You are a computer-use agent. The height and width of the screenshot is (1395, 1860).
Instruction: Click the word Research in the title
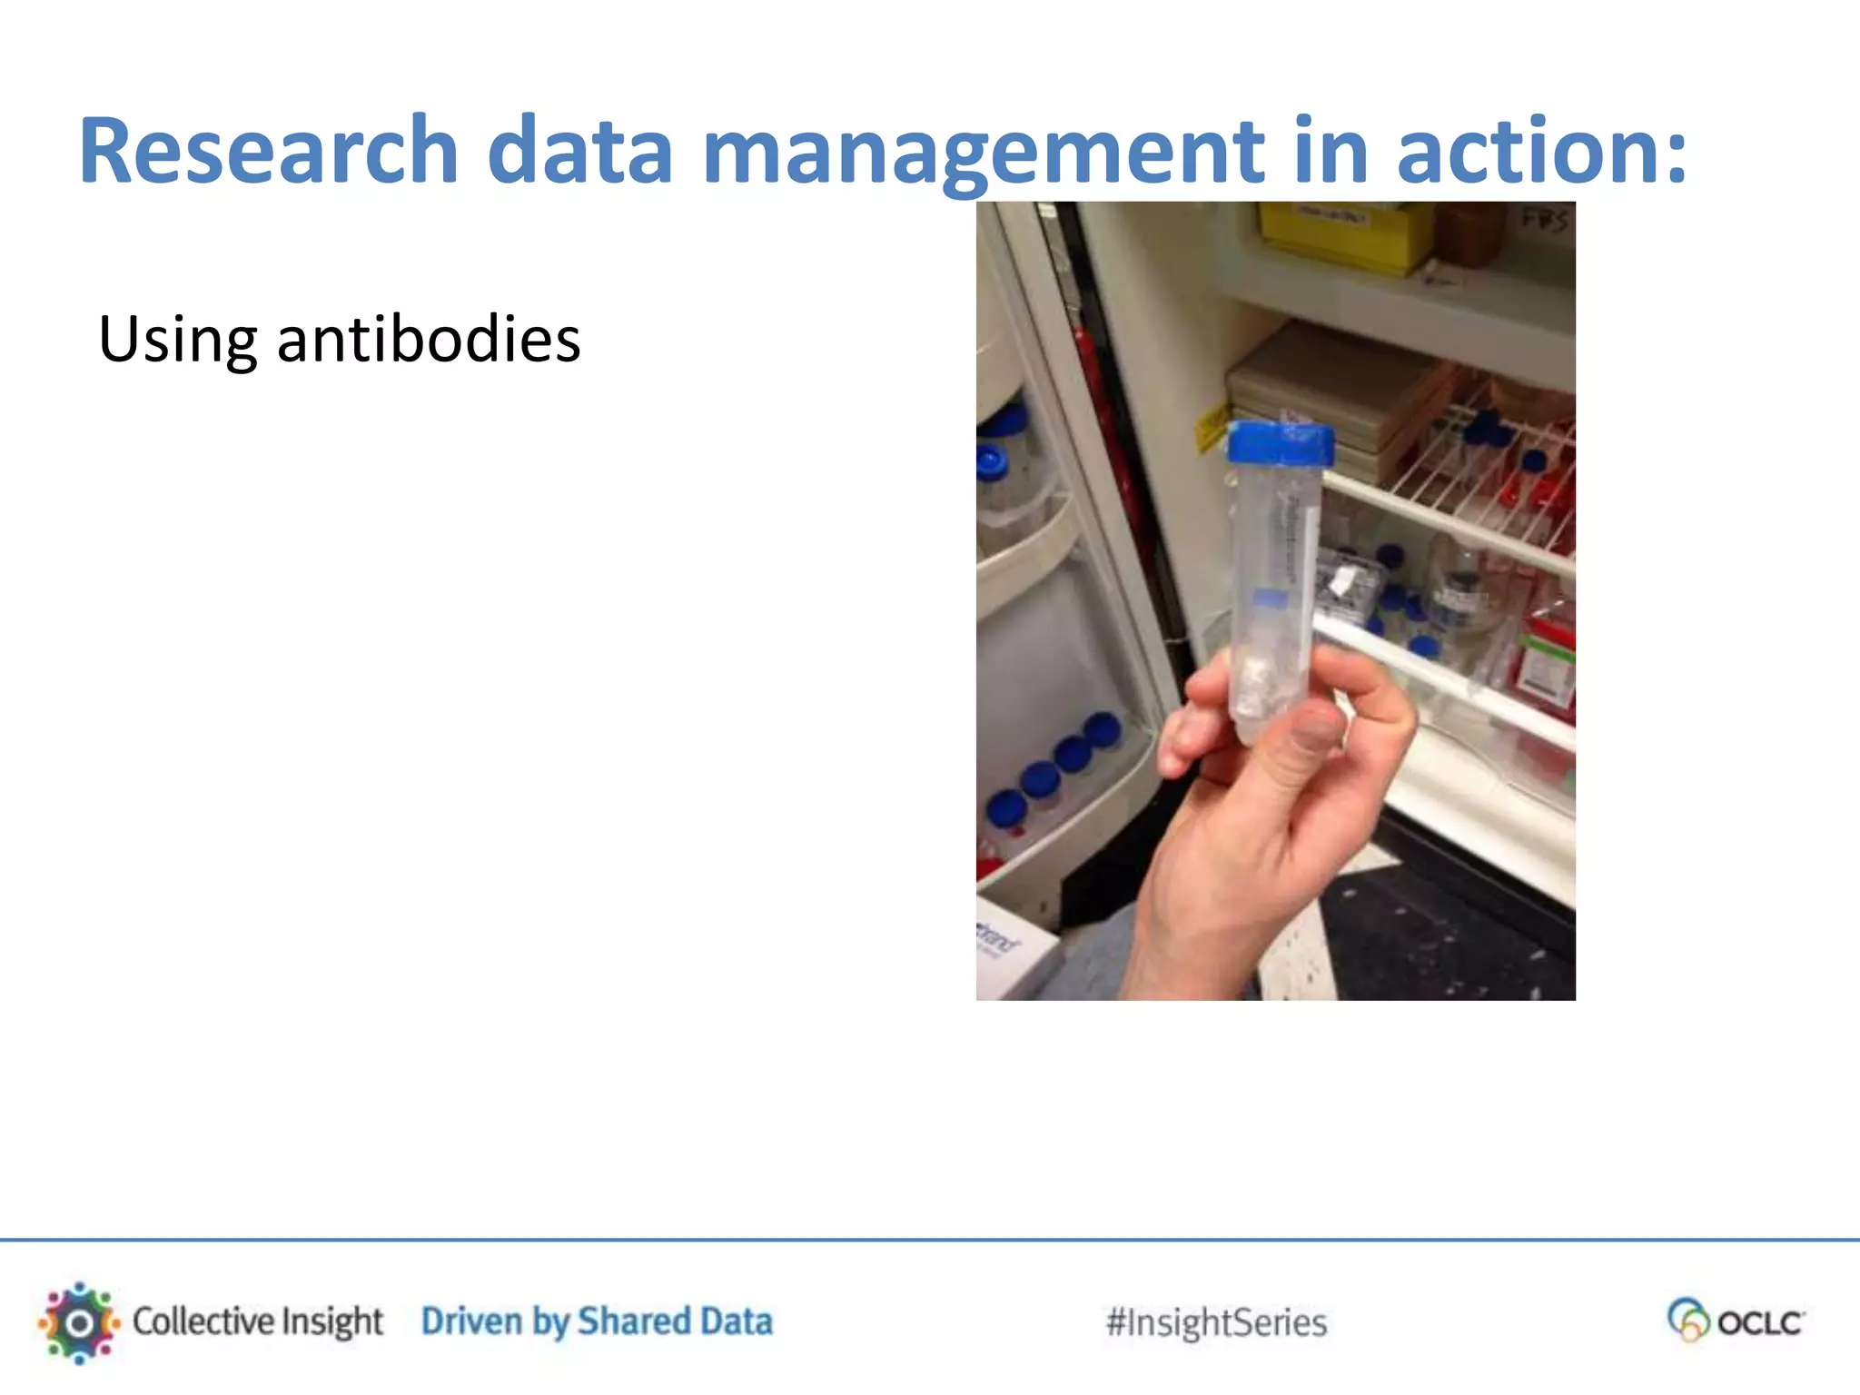(x=269, y=150)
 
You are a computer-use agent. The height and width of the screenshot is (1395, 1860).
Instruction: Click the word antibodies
(x=428, y=339)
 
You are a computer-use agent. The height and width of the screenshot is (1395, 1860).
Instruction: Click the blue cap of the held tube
(x=1281, y=445)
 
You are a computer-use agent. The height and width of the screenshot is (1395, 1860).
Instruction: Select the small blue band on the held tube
(x=1270, y=598)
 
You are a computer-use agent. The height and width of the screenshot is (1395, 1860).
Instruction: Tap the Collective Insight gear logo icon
(x=79, y=1322)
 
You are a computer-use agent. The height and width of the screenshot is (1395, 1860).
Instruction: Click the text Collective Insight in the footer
(x=258, y=1322)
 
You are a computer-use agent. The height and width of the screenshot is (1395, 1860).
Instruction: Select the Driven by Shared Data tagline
(x=597, y=1322)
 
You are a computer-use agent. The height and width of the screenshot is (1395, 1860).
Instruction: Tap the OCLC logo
(x=1736, y=1321)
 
